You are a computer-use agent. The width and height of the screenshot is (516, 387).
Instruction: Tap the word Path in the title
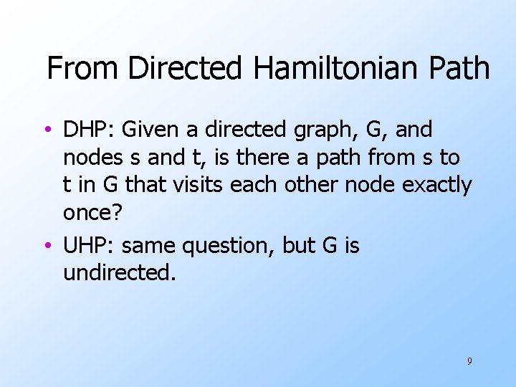point(456,69)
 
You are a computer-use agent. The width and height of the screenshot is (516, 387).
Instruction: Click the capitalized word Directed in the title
point(186,69)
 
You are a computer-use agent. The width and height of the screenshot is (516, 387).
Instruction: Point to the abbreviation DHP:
point(89,130)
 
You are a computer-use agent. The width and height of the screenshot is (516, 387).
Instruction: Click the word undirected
point(119,273)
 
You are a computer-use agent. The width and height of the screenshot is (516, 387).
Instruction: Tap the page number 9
point(469,361)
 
